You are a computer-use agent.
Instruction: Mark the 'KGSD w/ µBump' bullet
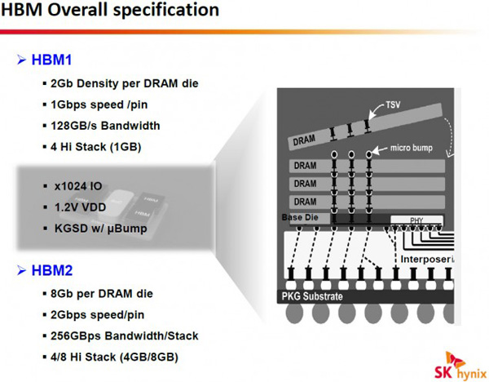pos(101,229)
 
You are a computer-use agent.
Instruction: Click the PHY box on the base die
pos(416,220)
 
